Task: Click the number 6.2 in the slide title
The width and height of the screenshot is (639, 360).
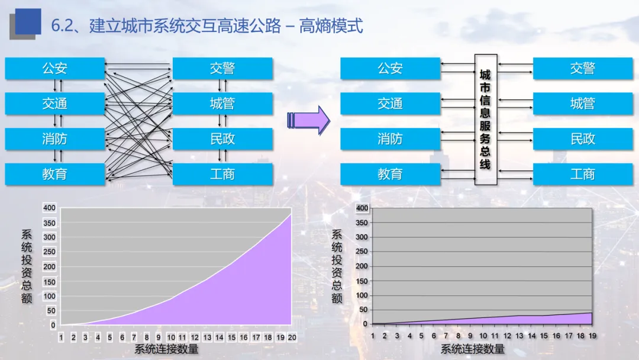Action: click(x=62, y=26)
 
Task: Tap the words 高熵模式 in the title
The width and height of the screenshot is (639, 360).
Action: click(x=331, y=26)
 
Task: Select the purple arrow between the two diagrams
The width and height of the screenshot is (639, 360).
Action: click(x=308, y=120)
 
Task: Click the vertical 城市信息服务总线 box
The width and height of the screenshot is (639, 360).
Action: click(x=485, y=119)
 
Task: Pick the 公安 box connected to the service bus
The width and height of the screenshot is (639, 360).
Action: click(x=390, y=69)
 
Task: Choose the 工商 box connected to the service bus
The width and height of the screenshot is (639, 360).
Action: click(x=582, y=174)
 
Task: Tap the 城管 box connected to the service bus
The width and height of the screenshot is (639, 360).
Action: click(x=582, y=104)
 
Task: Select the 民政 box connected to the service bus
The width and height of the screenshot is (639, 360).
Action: click(x=582, y=139)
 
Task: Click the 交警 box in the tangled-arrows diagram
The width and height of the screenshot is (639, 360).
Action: click(x=222, y=69)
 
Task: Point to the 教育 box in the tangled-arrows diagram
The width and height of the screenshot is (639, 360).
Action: click(x=54, y=174)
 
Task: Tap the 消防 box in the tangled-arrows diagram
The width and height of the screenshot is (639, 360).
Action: click(x=54, y=139)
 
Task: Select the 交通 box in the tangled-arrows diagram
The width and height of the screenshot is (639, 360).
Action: click(x=54, y=104)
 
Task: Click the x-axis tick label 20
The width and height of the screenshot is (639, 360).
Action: click(x=292, y=337)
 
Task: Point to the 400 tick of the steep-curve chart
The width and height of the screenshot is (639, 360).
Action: click(x=49, y=208)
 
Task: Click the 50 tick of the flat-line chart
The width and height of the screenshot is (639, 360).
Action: click(x=362, y=310)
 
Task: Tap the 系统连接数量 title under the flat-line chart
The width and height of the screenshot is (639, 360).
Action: click(x=473, y=349)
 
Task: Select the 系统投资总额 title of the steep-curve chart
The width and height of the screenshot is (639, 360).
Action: click(x=27, y=266)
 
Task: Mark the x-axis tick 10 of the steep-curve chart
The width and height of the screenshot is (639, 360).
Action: click(x=170, y=337)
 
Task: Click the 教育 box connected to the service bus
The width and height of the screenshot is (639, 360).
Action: click(x=390, y=174)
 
